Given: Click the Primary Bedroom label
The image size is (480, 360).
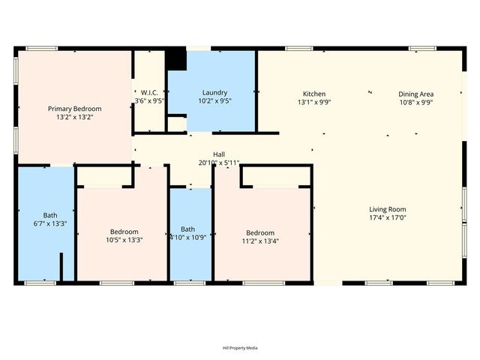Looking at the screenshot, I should [x=75, y=109].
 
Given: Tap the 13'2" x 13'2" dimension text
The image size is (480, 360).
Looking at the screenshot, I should [x=75, y=118].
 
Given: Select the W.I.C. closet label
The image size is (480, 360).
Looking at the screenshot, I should [x=150, y=92].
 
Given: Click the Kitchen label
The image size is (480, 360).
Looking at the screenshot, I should [x=313, y=94].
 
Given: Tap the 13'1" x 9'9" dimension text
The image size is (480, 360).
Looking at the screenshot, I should [x=313, y=103].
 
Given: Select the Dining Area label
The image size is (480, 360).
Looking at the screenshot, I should [x=415, y=94].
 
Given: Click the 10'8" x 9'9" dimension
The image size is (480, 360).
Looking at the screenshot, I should [x=415, y=103].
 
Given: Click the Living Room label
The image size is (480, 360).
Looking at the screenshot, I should [x=387, y=209].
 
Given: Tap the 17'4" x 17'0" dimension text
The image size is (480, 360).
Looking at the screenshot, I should [x=387, y=218].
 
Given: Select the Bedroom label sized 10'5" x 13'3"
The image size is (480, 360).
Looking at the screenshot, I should [x=124, y=231].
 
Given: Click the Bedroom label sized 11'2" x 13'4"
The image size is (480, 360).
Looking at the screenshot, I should [x=258, y=232].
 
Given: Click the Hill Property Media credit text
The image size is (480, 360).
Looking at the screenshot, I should [x=240, y=348].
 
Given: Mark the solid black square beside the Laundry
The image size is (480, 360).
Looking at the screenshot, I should [x=176, y=58].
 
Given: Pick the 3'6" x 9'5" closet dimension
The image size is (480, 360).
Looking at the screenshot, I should [x=150, y=100].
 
